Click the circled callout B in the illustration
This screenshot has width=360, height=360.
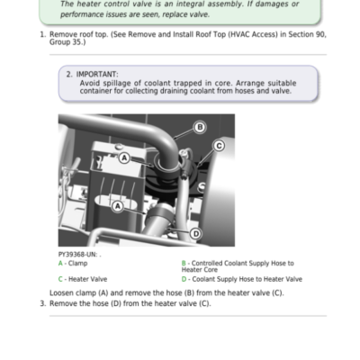[x=200, y=127]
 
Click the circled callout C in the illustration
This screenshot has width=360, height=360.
[x=219, y=146]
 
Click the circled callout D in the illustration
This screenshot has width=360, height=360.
[x=195, y=233]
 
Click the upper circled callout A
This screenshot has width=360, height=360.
[x=124, y=157]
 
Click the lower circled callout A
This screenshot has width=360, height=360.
[x=118, y=206]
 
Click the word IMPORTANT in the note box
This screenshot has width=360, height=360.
[x=97, y=75]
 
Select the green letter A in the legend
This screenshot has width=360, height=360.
[x=60, y=264]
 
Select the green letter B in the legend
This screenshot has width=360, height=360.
[x=184, y=264]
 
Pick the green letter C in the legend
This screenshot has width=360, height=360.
[x=60, y=279]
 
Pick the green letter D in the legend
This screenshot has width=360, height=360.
[x=184, y=279]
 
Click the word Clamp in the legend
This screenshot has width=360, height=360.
[x=77, y=264]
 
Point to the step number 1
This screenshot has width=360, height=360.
[x=43, y=34]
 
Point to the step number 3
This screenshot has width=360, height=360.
[x=43, y=303]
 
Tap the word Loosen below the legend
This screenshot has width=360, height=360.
[x=61, y=292]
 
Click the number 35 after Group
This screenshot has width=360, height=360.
[x=78, y=42]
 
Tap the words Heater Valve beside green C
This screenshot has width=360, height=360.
[x=87, y=279]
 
